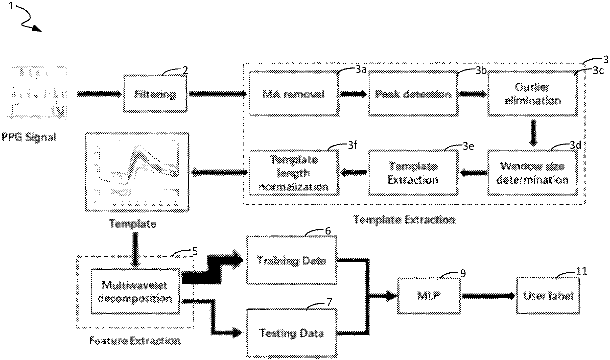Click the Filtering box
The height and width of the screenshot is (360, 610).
155,94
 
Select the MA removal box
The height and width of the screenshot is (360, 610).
294,94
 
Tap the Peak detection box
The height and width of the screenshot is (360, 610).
413,94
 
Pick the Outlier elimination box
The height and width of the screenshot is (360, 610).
533,94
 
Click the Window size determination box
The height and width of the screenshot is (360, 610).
533,173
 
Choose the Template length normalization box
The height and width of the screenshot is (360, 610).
294,173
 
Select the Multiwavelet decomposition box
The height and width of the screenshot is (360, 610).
135,292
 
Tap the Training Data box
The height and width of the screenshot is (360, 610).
291,261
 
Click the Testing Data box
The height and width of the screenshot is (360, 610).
291,333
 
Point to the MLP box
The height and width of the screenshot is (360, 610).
429,296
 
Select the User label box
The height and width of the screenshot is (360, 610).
548,296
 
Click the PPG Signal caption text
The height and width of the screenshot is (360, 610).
29,137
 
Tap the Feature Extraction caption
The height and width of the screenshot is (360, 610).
135,340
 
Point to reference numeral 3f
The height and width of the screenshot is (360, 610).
353,145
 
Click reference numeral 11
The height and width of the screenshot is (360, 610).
581,271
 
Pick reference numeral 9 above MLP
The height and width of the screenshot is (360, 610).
463,273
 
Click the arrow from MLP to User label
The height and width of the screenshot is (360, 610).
488,296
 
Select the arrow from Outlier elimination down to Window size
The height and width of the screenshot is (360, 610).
533,133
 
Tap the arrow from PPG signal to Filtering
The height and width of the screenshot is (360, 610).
99,94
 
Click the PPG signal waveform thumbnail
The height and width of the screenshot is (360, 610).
35,93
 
